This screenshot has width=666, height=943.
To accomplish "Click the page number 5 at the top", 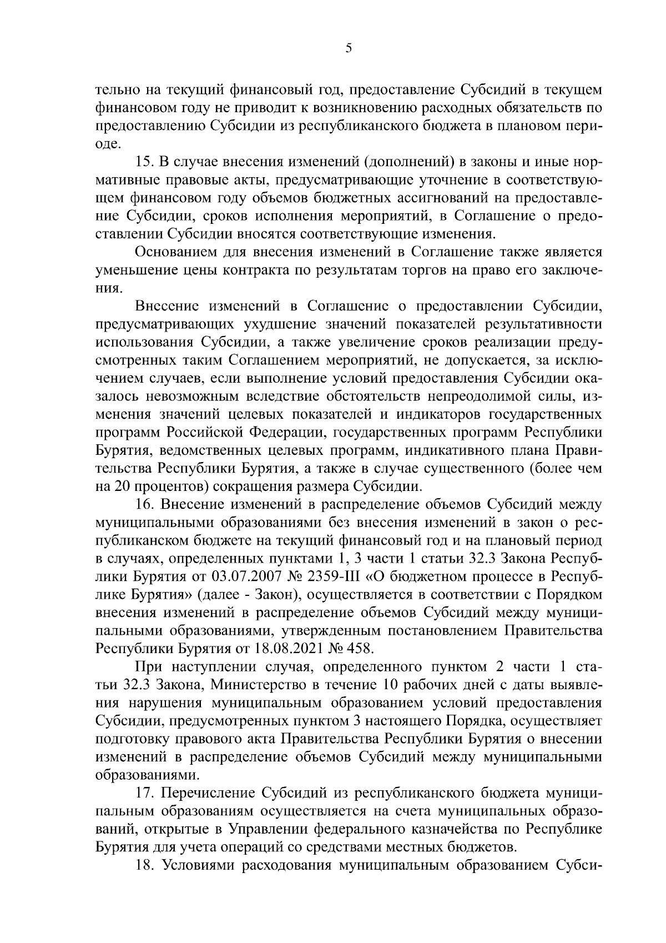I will click(x=348, y=48).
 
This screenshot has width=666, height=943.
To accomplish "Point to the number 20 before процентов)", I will click(x=122, y=486).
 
